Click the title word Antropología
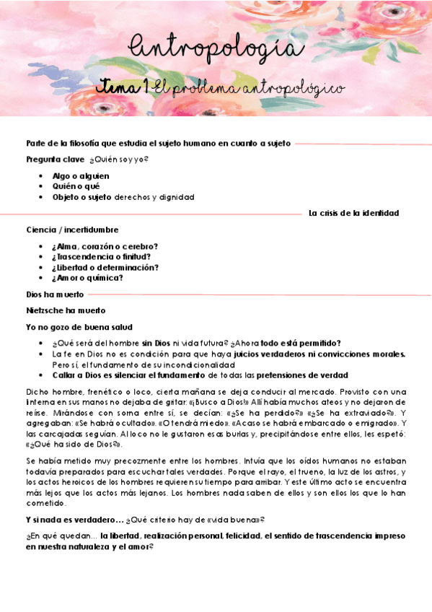[215, 48]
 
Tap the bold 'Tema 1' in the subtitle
[123, 87]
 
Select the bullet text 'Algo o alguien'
[81, 175]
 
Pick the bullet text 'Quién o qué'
[75, 186]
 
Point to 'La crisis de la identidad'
[353, 213]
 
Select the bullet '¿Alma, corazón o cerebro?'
[105, 246]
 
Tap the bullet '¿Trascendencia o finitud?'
[101, 256]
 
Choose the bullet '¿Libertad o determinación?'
[105, 267]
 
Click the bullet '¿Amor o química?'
[87, 278]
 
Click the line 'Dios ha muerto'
[55, 294]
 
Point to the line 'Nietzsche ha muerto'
[66, 310]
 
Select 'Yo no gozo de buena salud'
[79, 327]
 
